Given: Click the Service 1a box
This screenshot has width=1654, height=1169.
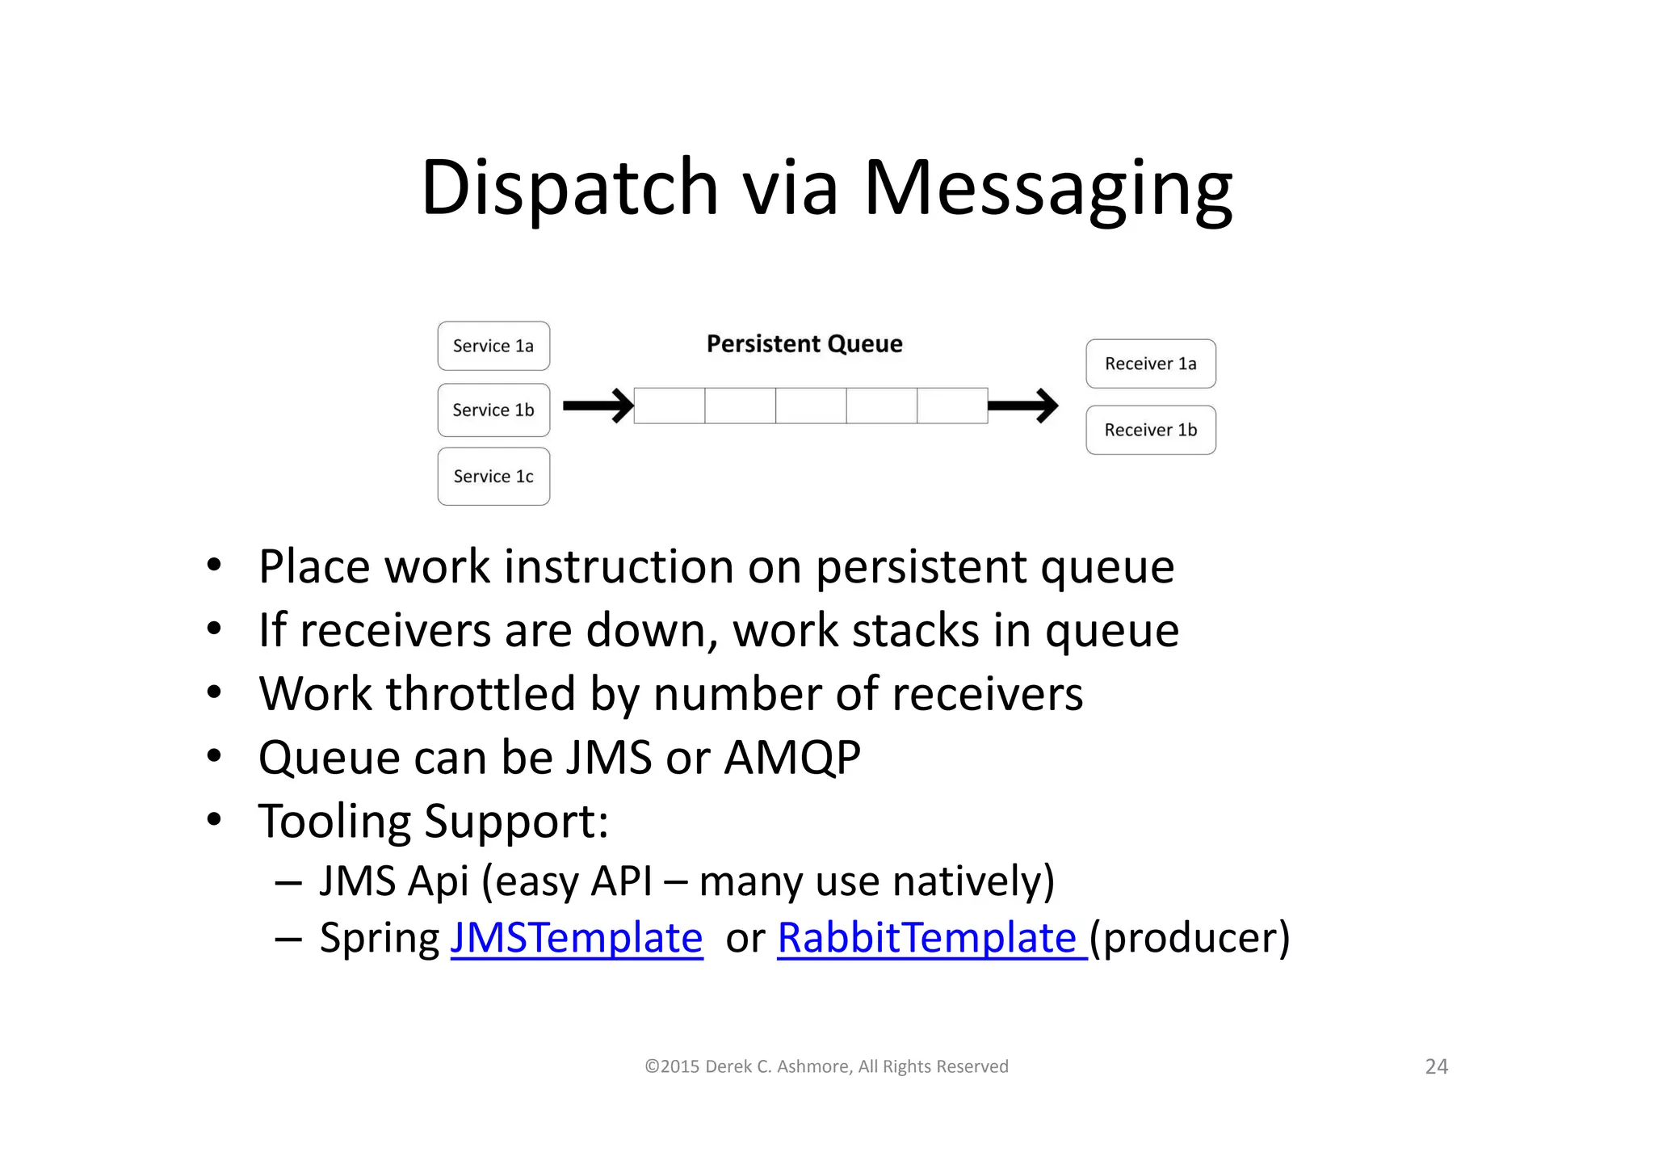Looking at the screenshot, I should click(493, 346).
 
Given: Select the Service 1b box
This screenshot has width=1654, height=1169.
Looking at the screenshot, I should click(493, 410).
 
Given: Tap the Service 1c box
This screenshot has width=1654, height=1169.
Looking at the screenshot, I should click(493, 477).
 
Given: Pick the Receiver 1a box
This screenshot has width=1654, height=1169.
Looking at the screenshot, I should click(1150, 364).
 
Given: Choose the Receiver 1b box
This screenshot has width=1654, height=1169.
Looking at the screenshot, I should click(1150, 430).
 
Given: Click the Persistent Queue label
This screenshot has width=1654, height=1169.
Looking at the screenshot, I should click(804, 344).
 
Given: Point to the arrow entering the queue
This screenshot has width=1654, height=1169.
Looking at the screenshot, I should click(598, 406).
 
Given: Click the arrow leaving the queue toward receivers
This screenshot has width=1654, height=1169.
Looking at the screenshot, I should click(1022, 406).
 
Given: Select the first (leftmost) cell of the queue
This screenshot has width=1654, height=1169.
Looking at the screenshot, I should click(670, 406).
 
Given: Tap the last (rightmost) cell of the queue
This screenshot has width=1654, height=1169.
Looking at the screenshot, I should click(952, 406).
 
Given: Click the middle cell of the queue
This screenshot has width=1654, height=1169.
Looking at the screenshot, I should click(811, 406).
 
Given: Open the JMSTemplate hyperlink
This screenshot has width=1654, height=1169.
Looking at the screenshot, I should click(577, 938).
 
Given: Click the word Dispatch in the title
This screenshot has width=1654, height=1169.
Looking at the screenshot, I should click(569, 187).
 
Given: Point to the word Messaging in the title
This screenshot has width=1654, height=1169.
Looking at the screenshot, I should click(1047, 187).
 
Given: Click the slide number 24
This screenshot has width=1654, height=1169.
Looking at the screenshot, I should click(1436, 1066).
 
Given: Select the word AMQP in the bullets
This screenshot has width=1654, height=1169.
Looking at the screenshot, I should click(792, 757).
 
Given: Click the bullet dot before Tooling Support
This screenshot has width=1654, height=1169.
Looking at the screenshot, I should click(214, 820).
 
